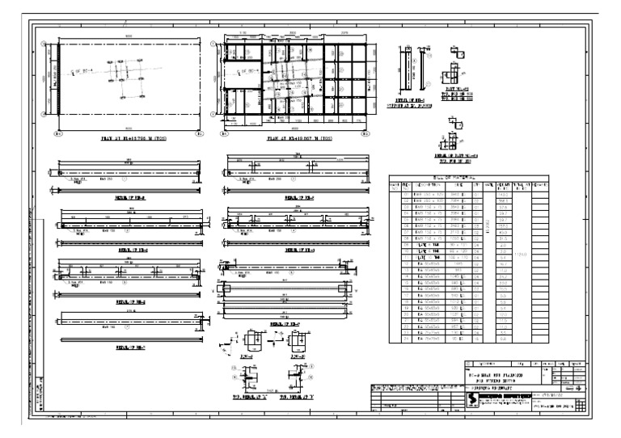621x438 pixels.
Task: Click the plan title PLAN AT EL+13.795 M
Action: (129, 139)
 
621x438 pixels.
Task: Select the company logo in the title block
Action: (474, 398)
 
